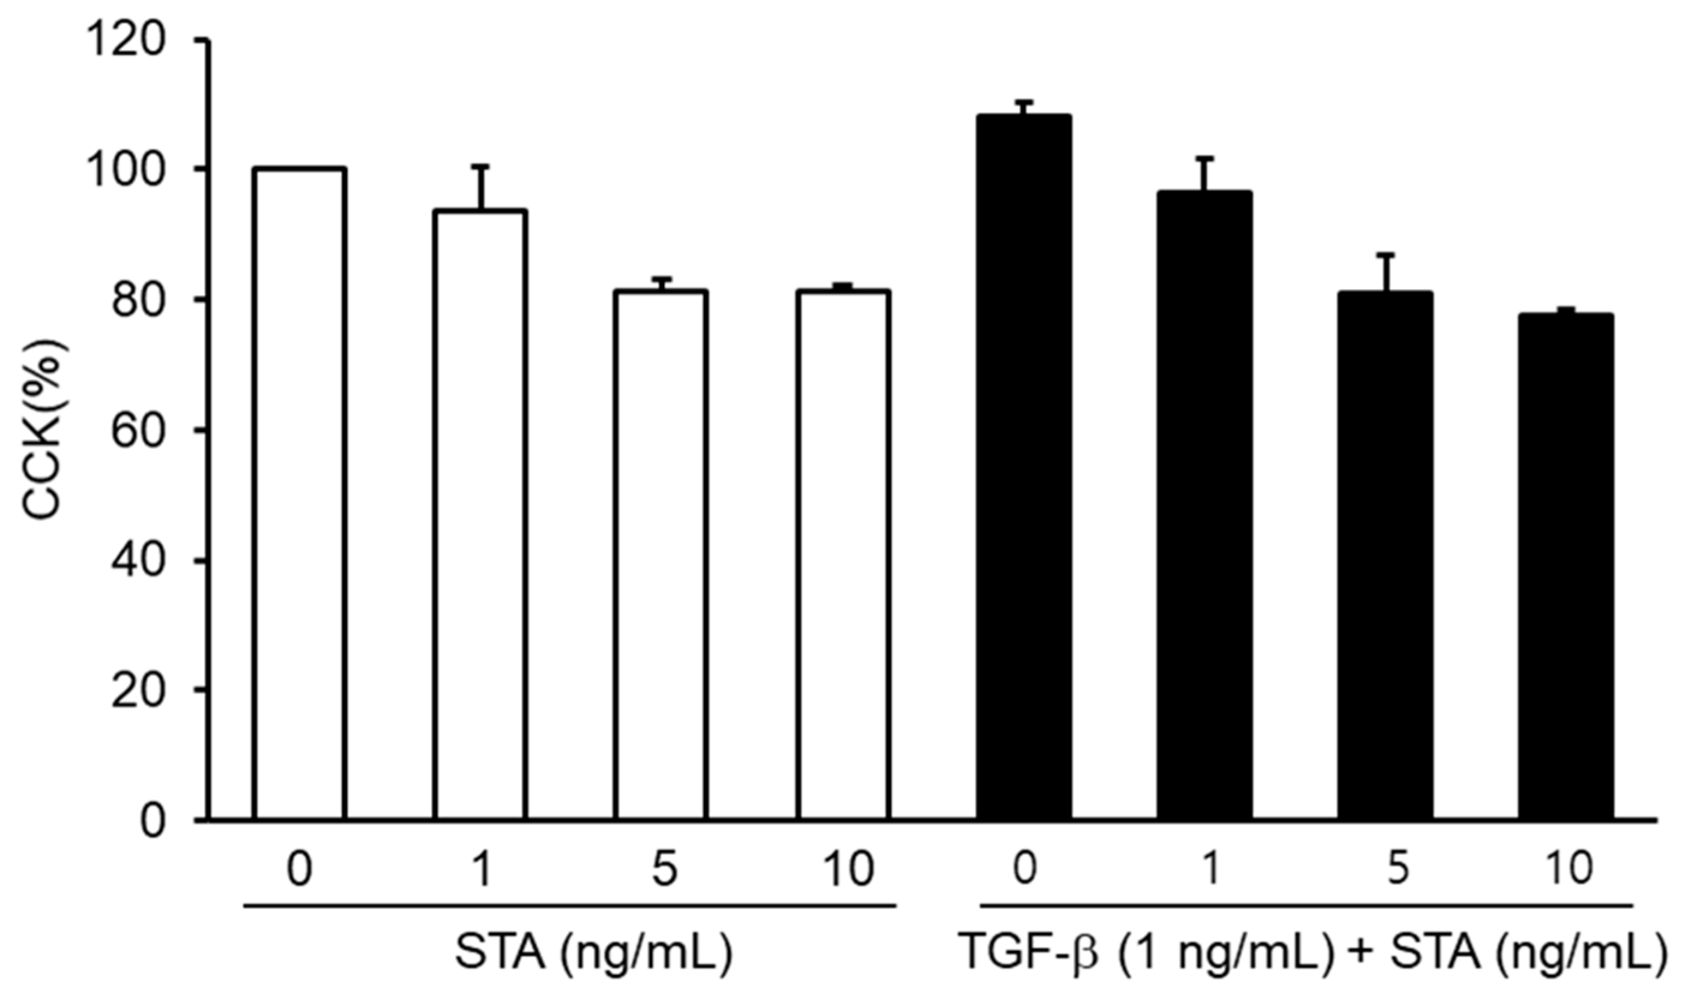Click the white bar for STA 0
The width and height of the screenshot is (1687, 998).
[300, 494]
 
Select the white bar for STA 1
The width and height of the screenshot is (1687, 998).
[480, 514]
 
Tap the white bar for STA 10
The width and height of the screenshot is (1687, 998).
[844, 555]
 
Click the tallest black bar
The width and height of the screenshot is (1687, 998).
[1024, 467]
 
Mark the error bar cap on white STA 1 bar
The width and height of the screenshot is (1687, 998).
[480, 166]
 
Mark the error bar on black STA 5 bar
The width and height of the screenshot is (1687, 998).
[1385, 272]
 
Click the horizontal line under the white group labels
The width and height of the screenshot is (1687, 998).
[570, 906]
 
